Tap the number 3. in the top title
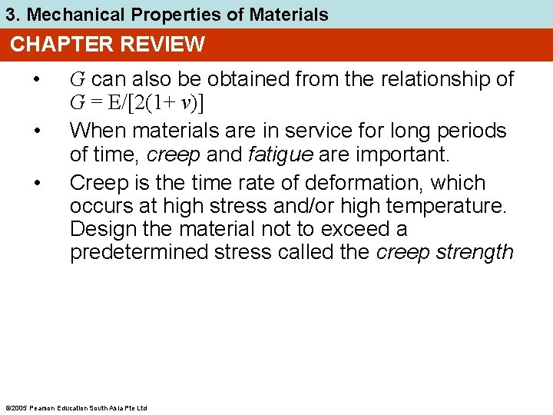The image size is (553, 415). pyautogui.click(x=13, y=14)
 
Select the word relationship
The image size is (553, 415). pyautogui.click(x=429, y=79)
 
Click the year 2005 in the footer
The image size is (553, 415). pyautogui.click(x=18, y=407)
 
